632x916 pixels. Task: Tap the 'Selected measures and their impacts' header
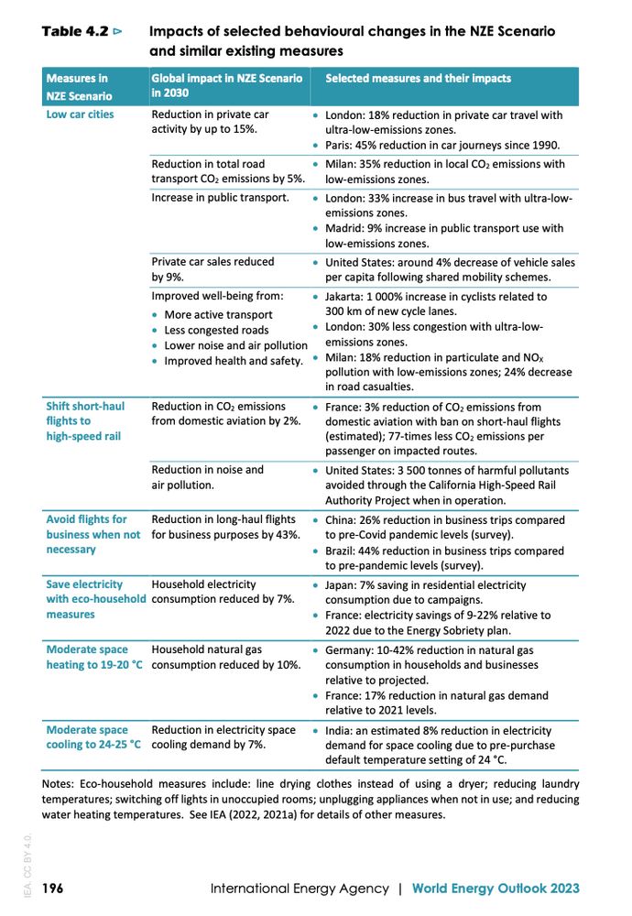419,79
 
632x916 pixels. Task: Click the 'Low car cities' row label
81,115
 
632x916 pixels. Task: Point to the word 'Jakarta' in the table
344,297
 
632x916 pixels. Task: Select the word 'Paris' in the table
338,146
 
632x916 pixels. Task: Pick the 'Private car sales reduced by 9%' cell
212,269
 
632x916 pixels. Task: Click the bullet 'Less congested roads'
216,330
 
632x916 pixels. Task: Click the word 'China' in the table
341,520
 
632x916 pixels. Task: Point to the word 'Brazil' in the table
342,551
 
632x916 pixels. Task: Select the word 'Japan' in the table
342,584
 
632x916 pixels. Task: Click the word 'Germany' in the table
350,649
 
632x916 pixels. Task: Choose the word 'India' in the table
339,731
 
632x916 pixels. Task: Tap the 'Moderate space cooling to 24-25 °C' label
93,737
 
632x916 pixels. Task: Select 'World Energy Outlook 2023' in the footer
496,889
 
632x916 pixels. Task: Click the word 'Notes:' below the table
61,784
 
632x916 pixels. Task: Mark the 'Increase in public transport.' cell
220,198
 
